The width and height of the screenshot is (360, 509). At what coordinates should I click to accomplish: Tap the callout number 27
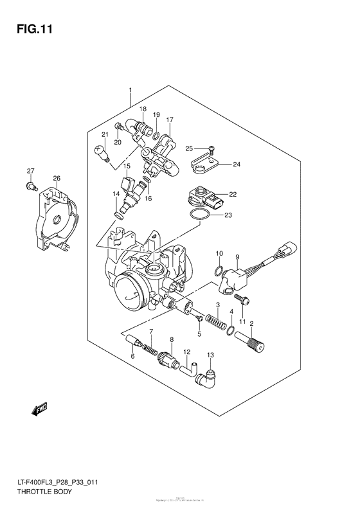click(30, 170)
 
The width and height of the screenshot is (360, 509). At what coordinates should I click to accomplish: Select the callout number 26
click(57, 178)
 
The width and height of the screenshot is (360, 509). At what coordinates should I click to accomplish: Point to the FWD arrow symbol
click(39, 407)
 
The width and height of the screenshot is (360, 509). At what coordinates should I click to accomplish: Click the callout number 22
click(233, 194)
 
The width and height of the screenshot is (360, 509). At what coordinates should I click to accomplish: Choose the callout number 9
click(237, 256)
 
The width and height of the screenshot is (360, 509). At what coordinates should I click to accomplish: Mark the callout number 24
click(236, 164)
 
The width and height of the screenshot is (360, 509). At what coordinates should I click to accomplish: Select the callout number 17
click(170, 120)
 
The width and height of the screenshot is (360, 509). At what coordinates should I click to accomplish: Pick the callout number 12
click(187, 352)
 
